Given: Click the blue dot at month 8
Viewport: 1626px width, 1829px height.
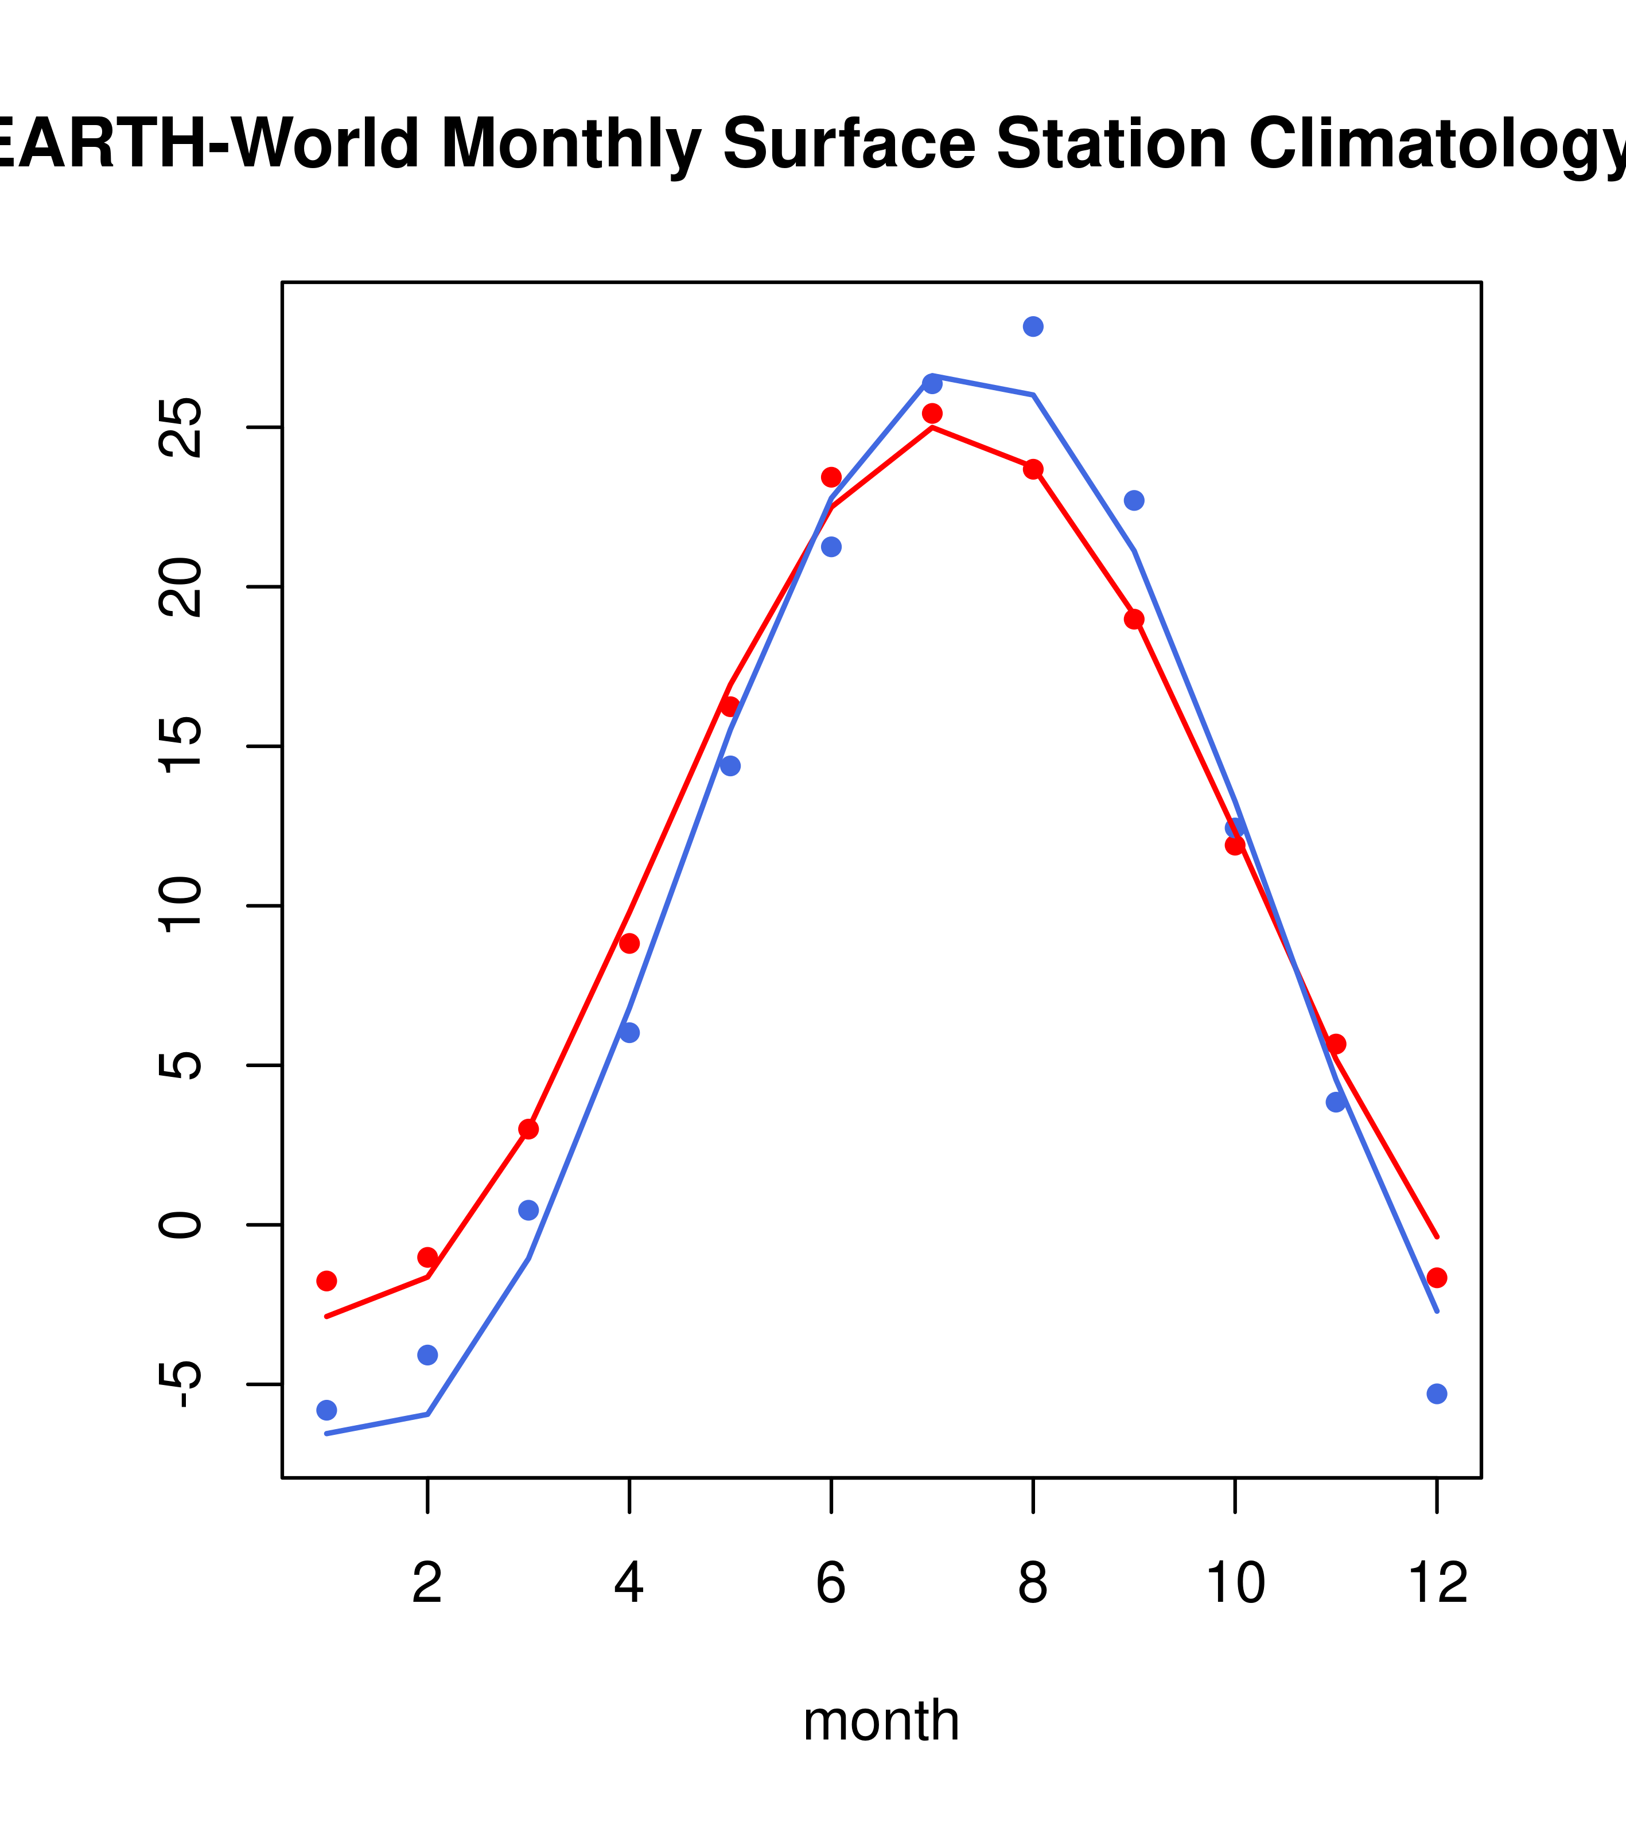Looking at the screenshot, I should (1033, 326).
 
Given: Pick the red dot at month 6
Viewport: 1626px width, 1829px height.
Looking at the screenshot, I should (831, 477).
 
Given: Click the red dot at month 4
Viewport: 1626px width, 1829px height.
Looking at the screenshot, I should (629, 943).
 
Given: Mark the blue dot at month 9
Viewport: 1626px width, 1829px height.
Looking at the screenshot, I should (1134, 500).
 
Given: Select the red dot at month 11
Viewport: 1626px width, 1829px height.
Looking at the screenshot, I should (1336, 1044).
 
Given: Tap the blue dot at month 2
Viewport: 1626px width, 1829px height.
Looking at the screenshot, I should (428, 1355).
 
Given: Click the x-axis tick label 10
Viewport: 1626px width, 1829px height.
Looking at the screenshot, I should (1235, 1583).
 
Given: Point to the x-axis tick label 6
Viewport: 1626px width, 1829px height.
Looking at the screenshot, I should (831, 1583).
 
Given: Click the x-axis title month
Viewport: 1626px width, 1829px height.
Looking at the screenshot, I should (881, 1720).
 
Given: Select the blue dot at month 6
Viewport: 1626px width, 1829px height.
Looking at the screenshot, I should (831, 547).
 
